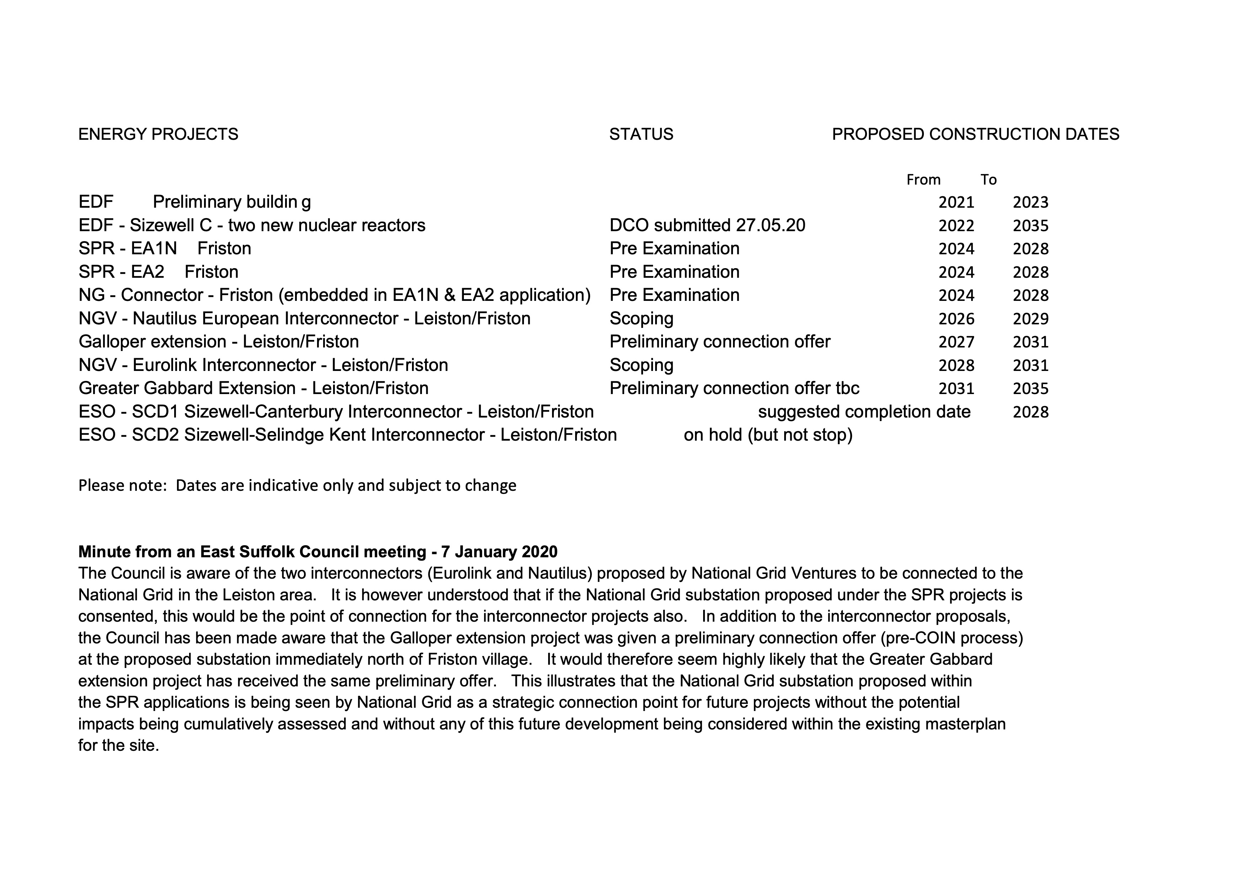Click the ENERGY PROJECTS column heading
point(158,134)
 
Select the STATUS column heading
point(641,134)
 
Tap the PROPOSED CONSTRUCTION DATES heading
point(975,134)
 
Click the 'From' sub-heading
point(923,180)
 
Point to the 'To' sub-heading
point(989,180)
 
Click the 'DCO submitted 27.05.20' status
point(707,225)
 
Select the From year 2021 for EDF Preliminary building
point(957,202)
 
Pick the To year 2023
point(1030,202)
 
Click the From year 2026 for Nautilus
point(957,318)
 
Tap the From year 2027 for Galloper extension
point(957,342)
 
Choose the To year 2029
point(1030,318)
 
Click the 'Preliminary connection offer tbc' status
point(734,388)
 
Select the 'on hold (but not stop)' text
point(768,435)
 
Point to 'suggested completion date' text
point(864,411)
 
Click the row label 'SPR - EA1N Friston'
point(165,248)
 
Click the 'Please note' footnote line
point(297,485)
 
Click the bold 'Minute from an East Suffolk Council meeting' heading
point(318,552)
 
